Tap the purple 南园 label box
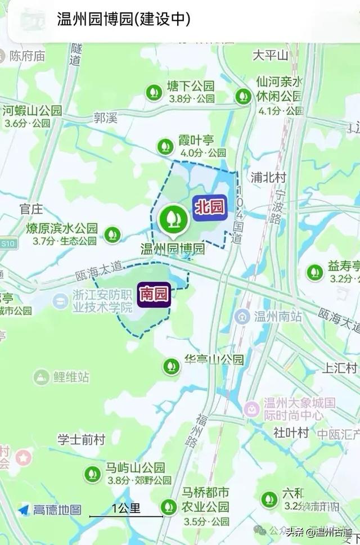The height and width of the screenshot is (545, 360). [x=154, y=294]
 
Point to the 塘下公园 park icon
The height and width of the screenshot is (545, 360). [x=154, y=92]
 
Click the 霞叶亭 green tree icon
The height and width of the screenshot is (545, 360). [x=165, y=146]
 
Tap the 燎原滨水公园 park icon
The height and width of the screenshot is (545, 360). [x=112, y=234]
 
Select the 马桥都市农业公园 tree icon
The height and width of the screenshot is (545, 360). [x=168, y=507]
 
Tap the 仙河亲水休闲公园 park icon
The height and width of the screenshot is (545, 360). [x=243, y=96]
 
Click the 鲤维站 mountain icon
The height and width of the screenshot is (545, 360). [x=41, y=377]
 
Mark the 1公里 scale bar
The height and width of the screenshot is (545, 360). [x=127, y=515]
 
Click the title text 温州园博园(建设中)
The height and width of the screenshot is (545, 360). [x=124, y=20]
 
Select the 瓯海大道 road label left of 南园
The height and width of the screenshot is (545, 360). [x=98, y=270]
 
